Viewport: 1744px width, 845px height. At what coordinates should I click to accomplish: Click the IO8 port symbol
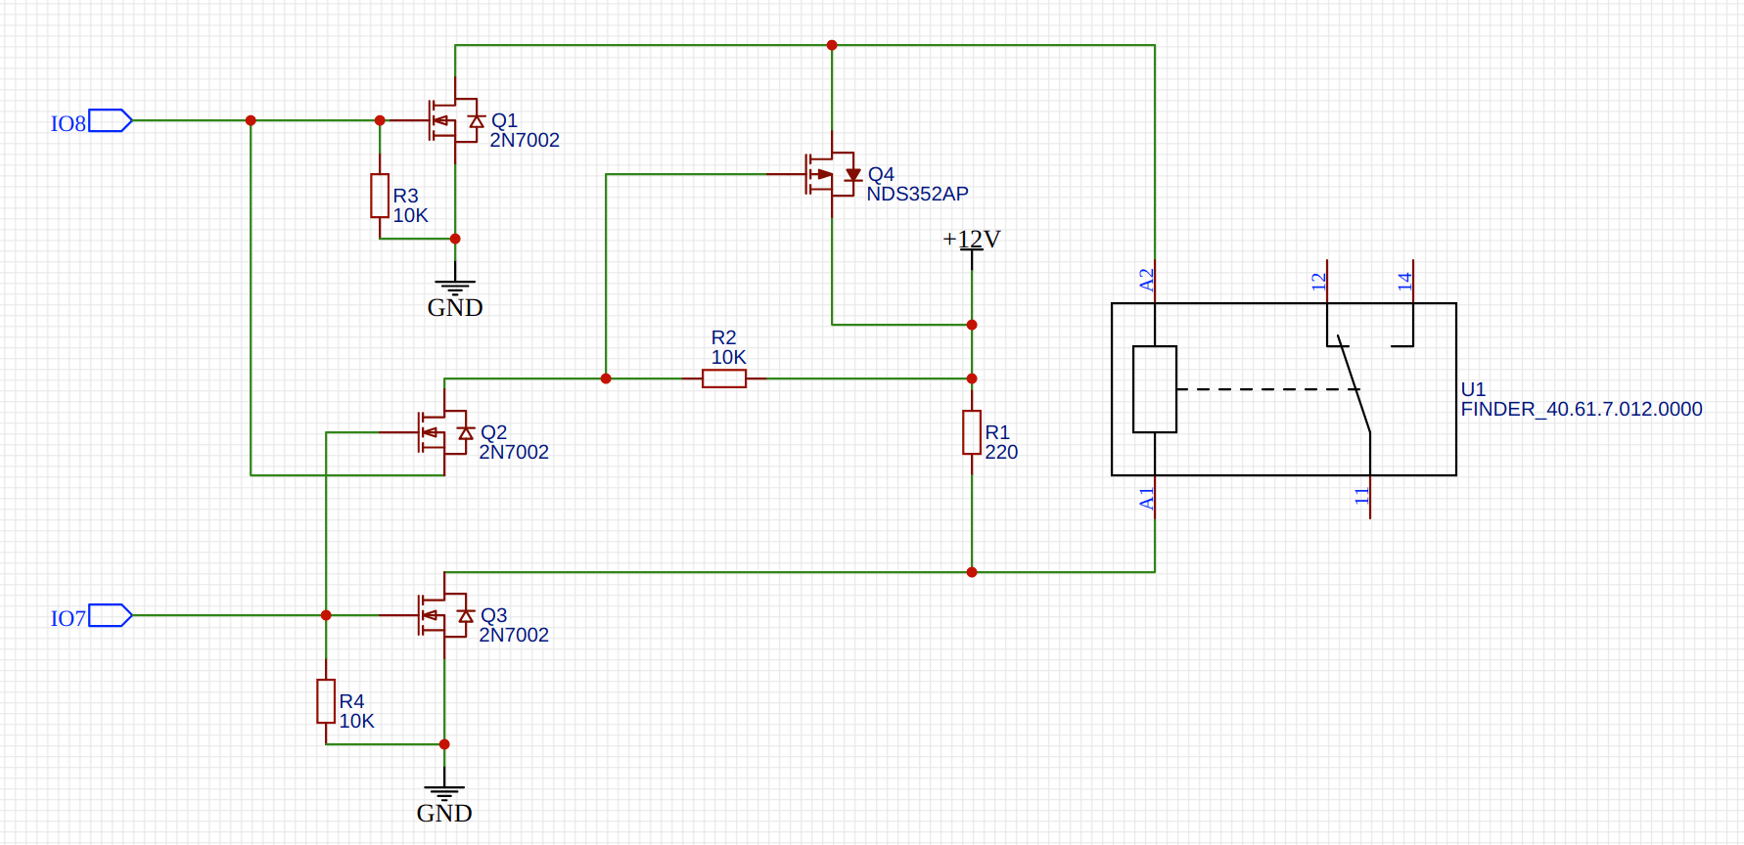click(x=110, y=121)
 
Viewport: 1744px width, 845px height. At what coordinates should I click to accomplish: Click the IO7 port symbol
click(x=110, y=616)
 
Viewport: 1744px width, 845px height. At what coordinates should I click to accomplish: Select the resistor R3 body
click(x=380, y=196)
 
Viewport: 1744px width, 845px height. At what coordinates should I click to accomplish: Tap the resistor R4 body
click(x=326, y=701)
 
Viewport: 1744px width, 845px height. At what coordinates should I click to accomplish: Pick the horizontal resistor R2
click(x=724, y=378)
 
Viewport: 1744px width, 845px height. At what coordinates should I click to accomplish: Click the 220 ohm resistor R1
click(x=972, y=432)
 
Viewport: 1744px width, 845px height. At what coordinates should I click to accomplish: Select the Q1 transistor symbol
click(x=452, y=120)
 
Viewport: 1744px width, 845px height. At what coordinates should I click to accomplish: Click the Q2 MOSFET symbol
click(x=441, y=432)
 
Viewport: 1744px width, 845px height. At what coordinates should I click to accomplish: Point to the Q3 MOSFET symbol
click(x=441, y=615)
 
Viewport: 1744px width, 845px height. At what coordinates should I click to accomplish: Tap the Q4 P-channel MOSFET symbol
click(x=829, y=174)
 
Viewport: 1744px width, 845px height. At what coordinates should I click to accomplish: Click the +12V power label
click(x=971, y=240)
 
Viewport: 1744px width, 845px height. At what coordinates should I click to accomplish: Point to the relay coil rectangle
click(x=1155, y=389)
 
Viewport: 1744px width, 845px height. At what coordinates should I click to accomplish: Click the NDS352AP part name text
click(x=917, y=195)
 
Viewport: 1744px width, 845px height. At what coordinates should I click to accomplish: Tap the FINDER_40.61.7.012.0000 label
click(x=1582, y=410)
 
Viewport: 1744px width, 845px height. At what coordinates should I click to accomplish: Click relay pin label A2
click(x=1147, y=280)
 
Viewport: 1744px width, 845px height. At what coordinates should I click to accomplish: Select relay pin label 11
click(x=1361, y=496)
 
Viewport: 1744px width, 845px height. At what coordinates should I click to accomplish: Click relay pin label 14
click(x=1404, y=281)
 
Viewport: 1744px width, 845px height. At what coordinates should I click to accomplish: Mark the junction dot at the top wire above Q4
click(x=832, y=45)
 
